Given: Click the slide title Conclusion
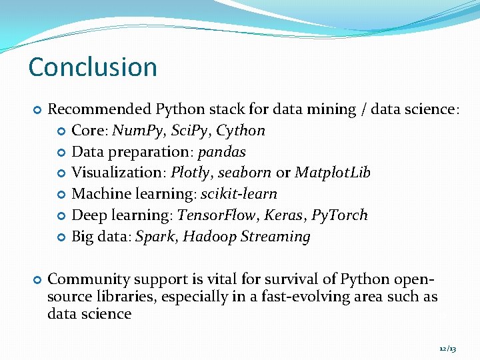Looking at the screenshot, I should [x=93, y=67].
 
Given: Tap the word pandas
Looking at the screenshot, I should [x=223, y=152].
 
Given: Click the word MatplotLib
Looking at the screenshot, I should [x=332, y=173].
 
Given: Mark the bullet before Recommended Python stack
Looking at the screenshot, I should [x=37, y=109].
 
